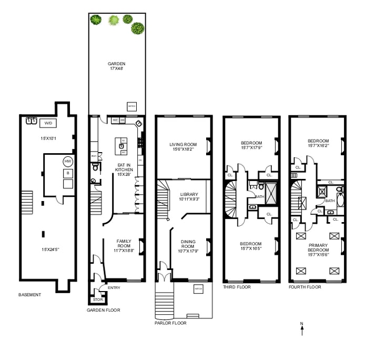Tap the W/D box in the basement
click(x=48, y=123)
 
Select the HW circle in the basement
click(x=68, y=161)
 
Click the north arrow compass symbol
click(x=302, y=328)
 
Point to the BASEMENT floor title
click(x=29, y=295)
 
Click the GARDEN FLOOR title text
click(x=103, y=310)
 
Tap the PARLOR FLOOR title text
click(x=170, y=323)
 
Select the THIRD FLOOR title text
click(x=237, y=287)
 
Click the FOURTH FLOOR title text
click(x=305, y=287)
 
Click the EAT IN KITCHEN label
click(x=124, y=168)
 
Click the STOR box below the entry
click(x=97, y=300)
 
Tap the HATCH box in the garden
click(x=131, y=106)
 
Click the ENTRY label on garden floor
click(x=114, y=288)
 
